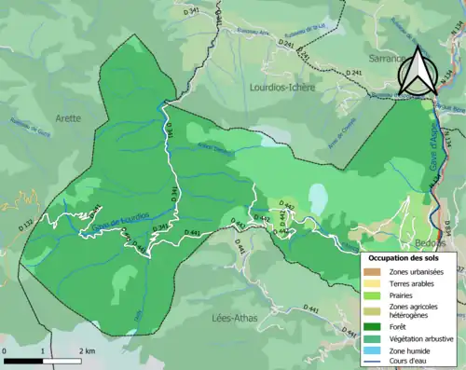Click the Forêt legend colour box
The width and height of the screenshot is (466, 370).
pos(373,325)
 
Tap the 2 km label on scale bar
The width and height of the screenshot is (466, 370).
pos(86,349)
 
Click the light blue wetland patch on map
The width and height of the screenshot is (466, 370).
pos(319,197)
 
